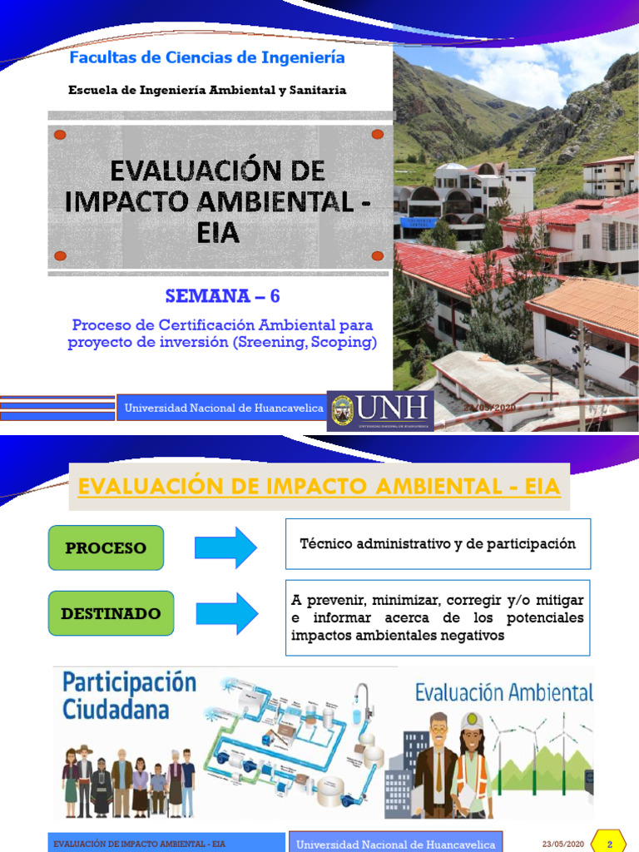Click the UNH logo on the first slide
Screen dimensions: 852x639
(x=380, y=410)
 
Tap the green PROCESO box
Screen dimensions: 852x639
(x=106, y=547)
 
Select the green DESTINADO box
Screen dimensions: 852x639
(x=111, y=613)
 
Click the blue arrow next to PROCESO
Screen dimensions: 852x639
(x=226, y=547)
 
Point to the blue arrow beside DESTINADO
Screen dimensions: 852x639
(x=226, y=613)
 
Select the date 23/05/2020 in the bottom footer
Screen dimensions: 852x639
(x=562, y=844)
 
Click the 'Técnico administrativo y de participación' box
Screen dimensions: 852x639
(x=438, y=544)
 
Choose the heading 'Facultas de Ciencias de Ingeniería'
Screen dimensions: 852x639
(x=206, y=58)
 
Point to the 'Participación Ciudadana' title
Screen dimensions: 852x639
(x=129, y=696)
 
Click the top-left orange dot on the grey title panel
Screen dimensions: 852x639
(x=59, y=135)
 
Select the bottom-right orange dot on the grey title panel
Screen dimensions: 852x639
(x=377, y=255)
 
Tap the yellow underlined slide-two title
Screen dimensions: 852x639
(x=319, y=485)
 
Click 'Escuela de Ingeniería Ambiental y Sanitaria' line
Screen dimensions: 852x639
(x=207, y=90)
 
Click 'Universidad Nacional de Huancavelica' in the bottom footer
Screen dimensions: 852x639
(x=396, y=844)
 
